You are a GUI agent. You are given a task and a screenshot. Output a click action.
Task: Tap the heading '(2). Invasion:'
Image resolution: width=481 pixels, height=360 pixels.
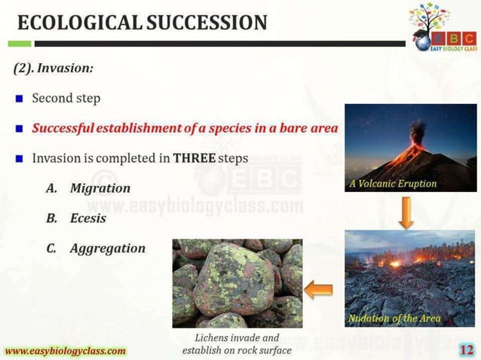click(x=54, y=69)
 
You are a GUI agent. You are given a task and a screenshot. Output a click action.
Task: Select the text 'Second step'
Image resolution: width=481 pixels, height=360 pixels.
click(x=66, y=98)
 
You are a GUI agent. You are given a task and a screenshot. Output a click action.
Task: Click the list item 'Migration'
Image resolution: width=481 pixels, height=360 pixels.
click(x=100, y=188)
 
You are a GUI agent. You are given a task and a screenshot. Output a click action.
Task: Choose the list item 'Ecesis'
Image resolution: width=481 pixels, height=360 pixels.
click(x=87, y=218)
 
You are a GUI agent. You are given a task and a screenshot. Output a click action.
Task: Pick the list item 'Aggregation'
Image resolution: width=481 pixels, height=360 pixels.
click(x=107, y=248)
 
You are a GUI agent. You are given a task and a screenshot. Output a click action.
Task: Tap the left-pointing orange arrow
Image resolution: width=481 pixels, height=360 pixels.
click(x=319, y=288)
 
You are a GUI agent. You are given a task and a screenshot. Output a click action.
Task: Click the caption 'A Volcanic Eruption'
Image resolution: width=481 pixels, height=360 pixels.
click(x=392, y=184)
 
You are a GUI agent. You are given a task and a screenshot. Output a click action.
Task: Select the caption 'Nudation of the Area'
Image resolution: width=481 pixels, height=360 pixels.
click(x=394, y=318)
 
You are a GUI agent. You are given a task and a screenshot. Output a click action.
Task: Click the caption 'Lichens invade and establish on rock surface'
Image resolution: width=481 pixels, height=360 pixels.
click(x=237, y=344)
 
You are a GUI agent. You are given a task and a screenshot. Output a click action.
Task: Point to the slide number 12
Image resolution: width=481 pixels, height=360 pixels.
click(x=467, y=349)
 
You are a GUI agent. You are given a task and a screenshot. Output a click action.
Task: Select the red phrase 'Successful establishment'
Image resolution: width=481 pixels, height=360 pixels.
click(x=106, y=128)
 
